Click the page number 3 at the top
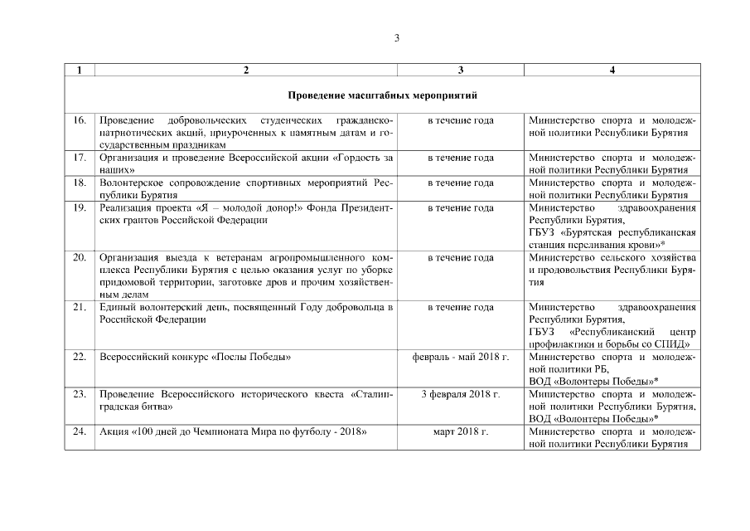(x=397, y=38)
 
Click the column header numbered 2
(x=246, y=71)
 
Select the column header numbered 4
(x=612, y=71)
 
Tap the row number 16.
(x=80, y=120)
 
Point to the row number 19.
(x=80, y=207)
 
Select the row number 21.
(x=80, y=307)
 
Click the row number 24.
(x=80, y=432)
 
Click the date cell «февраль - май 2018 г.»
(x=460, y=357)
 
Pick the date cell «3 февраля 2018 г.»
(x=460, y=395)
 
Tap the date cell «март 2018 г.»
(x=460, y=432)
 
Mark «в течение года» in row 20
(x=460, y=257)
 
